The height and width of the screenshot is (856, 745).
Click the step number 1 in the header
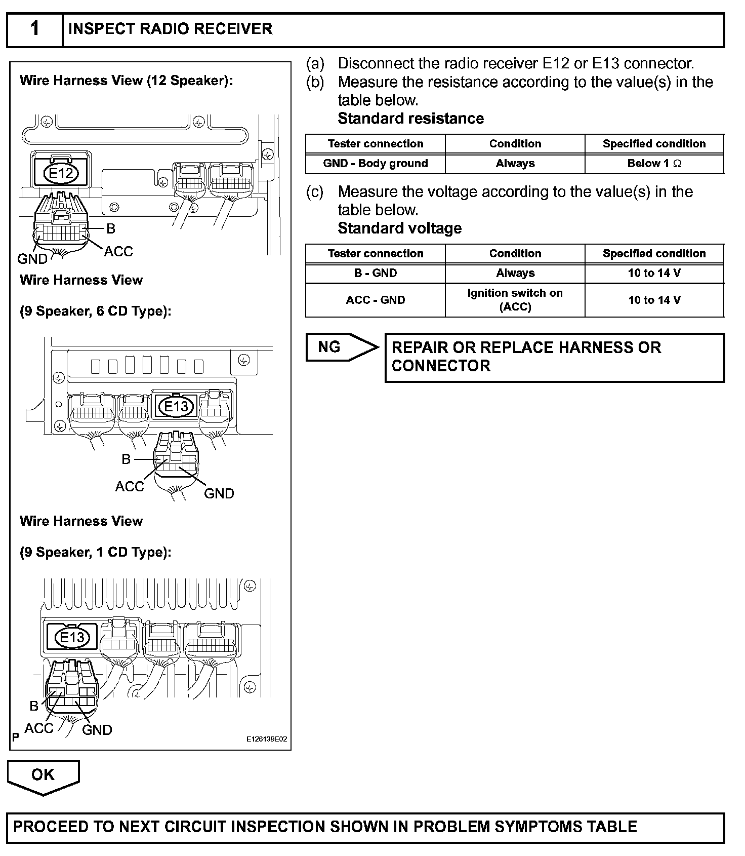(x=34, y=29)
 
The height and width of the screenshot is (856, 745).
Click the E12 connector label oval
(x=61, y=174)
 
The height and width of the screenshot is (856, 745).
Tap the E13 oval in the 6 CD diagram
(x=176, y=406)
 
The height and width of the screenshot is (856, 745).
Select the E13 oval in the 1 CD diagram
(x=72, y=637)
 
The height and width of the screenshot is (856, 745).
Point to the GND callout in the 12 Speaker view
(x=32, y=259)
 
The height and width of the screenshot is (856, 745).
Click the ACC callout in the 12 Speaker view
(x=118, y=251)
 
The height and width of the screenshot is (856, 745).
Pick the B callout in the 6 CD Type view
(x=126, y=459)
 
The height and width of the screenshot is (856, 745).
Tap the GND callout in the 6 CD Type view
(x=219, y=493)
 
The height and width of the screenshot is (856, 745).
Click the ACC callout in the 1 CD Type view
(x=39, y=728)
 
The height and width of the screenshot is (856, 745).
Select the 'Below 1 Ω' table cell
(x=654, y=164)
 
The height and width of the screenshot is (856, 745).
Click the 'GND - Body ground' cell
(x=376, y=164)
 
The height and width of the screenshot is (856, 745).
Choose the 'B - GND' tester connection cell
(x=376, y=274)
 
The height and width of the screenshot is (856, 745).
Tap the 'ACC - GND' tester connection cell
(x=376, y=300)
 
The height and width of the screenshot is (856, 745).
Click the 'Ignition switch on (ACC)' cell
(x=515, y=300)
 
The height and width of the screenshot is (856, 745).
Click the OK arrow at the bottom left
(x=43, y=775)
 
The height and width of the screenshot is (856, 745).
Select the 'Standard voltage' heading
(x=399, y=228)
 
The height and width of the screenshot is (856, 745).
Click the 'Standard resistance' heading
(x=410, y=119)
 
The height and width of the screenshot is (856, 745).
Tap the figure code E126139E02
(x=267, y=739)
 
